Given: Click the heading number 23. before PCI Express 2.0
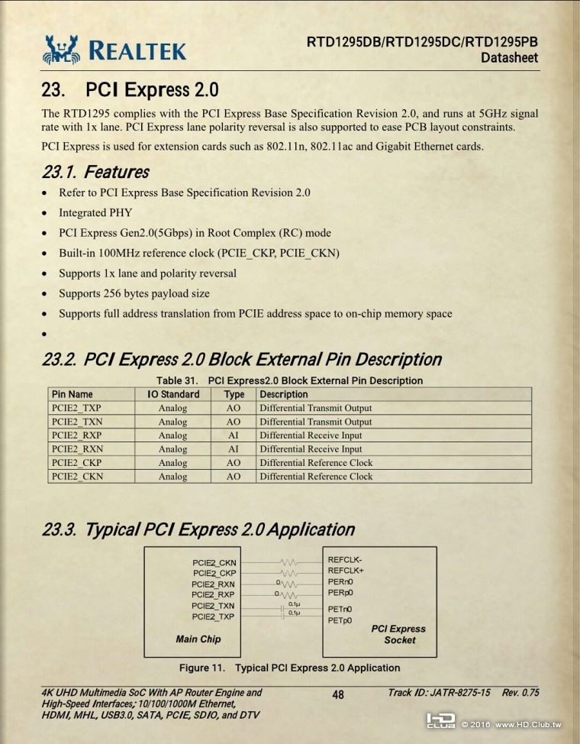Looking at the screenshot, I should coord(55,90).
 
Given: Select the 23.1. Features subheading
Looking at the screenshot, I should coord(95,172).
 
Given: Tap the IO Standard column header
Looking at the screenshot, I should coord(172,394).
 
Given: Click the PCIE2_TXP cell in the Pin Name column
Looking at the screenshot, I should coord(76,408).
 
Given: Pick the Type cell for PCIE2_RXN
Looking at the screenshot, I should coord(234,449).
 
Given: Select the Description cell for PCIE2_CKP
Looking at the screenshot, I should coord(316,463).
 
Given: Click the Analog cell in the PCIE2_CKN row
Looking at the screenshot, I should coord(172,477).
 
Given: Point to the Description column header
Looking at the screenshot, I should coord(284,394).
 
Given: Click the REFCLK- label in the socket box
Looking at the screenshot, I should coord(345,560).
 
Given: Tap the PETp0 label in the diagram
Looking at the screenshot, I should coord(340,620).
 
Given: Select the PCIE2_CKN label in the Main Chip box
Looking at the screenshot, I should coord(214,563).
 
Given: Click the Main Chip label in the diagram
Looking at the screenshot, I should coord(198,639).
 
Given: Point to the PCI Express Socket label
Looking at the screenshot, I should coord(398,634).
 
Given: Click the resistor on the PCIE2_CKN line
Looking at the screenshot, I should coord(289,563).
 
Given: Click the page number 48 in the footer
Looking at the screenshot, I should coord(338,694).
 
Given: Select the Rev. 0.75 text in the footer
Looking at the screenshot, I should coord(520,693).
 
